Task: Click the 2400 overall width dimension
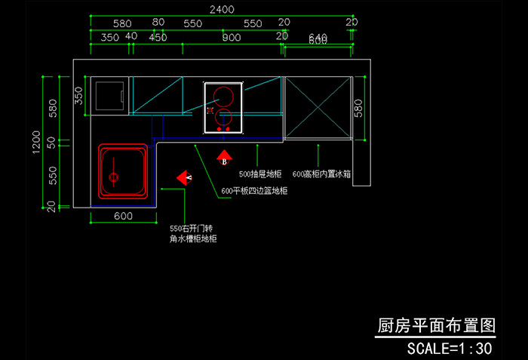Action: coord(222,10)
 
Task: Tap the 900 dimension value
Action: coord(232,37)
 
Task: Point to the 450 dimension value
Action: coord(158,37)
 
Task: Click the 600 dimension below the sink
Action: coord(123,216)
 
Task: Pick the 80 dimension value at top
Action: coord(158,23)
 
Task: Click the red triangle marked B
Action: coord(224,158)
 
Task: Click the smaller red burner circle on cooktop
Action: coord(223,118)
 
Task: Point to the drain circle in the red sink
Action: coord(114,178)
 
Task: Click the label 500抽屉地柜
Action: coord(260,174)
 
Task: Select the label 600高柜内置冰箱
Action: coord(321,174)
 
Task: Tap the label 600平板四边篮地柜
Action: coord(254,191)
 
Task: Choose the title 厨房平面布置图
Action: coord(436,326)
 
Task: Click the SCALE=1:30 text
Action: coord(450,349)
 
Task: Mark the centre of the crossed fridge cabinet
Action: coord(318,107)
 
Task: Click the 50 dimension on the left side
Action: coord(52,142)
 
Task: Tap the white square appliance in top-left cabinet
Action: coord(110,96)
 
